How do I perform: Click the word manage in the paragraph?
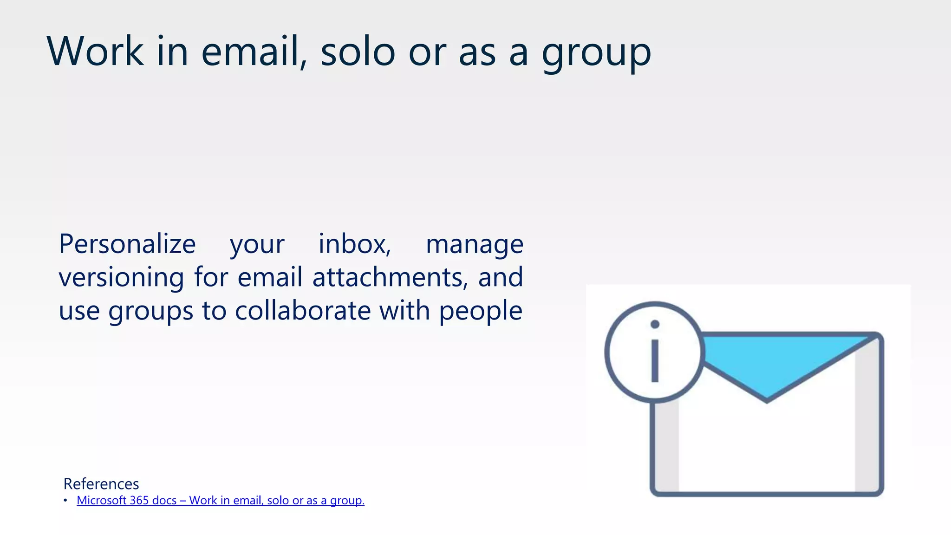click(475, 245)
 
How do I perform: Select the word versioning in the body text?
click(121, 278)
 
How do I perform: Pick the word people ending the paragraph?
click(481, 311)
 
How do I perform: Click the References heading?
click(101, 484)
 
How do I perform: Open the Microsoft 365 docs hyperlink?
click(221, 501)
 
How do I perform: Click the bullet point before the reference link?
click(65, 501)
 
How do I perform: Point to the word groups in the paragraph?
click(150, 311)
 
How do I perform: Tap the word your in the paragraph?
click(257, 245)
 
